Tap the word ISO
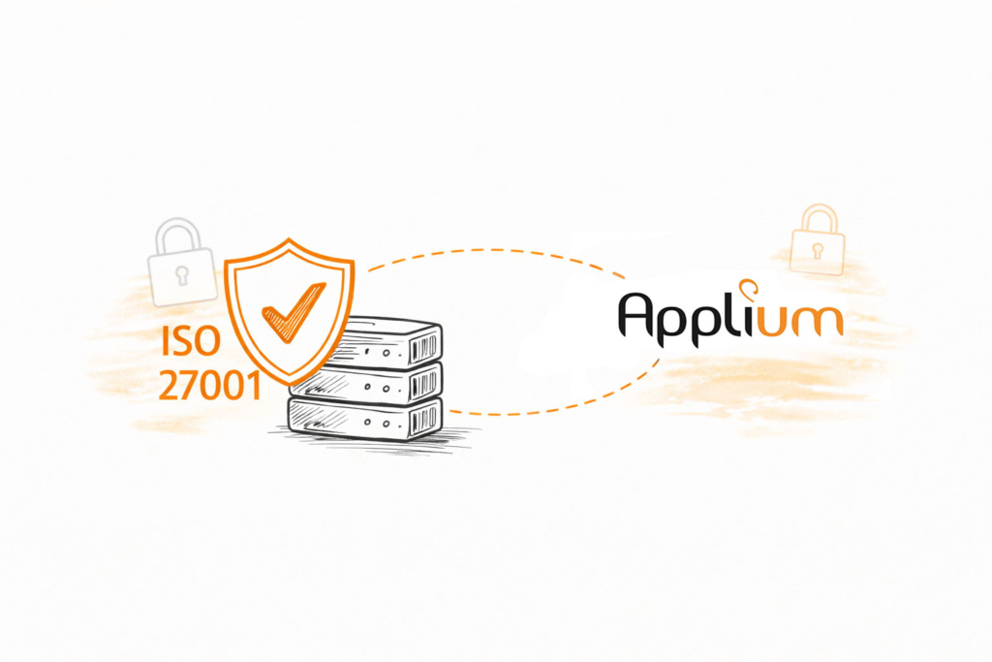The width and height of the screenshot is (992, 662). [x=192, y=344]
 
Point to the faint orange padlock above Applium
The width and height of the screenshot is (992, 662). [x=817, y=241]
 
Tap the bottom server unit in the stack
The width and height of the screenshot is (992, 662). [x=368, y=419]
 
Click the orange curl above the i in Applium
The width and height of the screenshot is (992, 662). [x=748, y=286]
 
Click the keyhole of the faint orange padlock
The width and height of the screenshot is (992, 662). [x=817, y=251]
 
